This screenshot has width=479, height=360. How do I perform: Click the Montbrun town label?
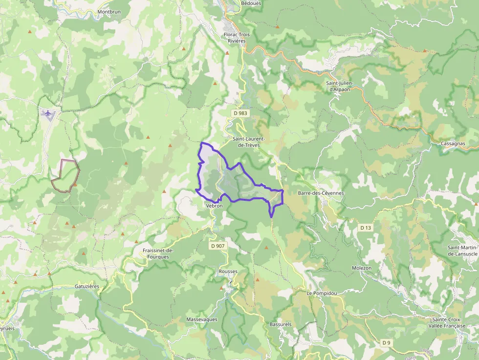click(x=109, y=11)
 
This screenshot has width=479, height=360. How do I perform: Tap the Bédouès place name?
click(x=251, y=3)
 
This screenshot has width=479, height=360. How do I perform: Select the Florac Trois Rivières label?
click(x=237, y=38)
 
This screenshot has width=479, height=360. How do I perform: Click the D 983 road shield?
click(x=240, y=113)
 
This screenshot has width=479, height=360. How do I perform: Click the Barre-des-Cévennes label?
click(x=321, y=193)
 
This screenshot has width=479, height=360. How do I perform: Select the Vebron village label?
click(x=214, y=206)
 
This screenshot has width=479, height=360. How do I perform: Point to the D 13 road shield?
click(x=366, y=228)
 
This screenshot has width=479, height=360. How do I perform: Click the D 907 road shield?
click(x=218, y=246)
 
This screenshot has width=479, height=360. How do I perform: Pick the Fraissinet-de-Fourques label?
click(x=155, y=254)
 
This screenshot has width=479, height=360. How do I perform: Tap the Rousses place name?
click(x=228, y=272)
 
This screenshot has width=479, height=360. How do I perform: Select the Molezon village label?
click(x=362, y=268)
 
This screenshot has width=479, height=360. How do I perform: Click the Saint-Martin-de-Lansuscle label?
click(x=462, y=251)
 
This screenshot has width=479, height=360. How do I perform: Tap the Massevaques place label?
click(x=201, y=319)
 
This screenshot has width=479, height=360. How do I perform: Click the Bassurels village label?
click(x=281, y=324)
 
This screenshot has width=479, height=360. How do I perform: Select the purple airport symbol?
click(x=48, y=113)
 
